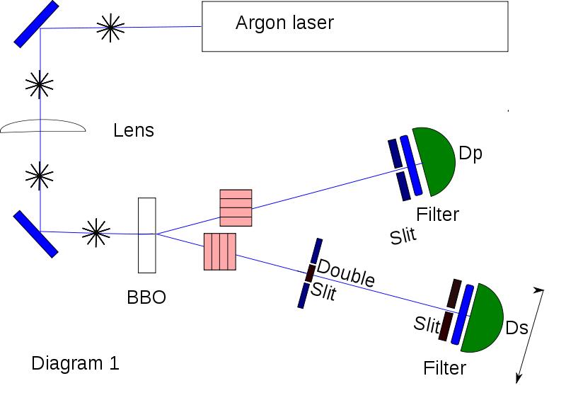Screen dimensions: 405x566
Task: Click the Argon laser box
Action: coord(354,26)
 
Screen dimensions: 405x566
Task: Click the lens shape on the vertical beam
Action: coord(42,127)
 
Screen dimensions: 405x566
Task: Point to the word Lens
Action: coord(133,130)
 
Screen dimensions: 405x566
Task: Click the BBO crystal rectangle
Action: coord(146,235)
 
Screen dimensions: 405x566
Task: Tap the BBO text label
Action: coord(146,297)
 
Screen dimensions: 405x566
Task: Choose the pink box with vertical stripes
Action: coord(219,251)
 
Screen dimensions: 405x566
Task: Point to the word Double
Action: coord(346,273)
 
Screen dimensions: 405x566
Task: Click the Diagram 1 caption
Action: coord(75,364)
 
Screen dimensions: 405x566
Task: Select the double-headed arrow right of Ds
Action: coord(531,335)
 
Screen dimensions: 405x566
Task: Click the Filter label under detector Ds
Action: coord(444,368)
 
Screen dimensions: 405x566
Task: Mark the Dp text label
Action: coord(470,154)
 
